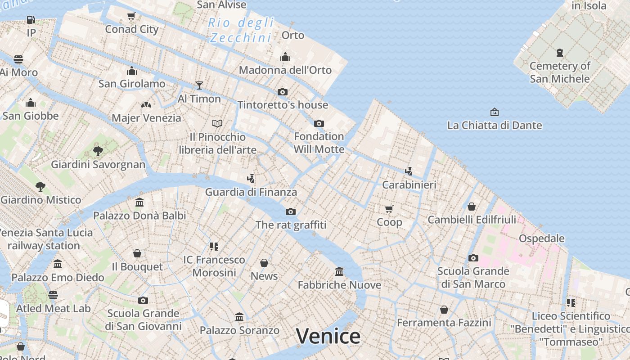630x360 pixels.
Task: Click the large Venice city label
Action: point(328,336)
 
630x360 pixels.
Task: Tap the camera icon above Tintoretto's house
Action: point(283,92)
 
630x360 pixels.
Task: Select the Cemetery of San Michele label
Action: point(560,72)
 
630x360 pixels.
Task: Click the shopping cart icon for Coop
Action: point(389,209)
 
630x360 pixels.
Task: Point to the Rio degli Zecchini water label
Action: point(241,30)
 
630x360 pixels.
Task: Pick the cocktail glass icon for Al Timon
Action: point(199,85)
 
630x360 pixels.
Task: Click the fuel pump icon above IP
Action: point(31,20)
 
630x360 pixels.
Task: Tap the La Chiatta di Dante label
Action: point(495,125)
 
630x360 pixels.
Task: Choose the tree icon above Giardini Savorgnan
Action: point(98,151)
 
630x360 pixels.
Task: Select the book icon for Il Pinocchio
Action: point(217,123)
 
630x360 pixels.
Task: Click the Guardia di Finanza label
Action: point(251,192)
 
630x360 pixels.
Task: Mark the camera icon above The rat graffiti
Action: point(291,211)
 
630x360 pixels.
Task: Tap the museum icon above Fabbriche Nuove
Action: point(339,271)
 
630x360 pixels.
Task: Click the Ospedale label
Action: point(542,238)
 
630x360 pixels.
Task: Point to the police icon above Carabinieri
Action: point(409,171)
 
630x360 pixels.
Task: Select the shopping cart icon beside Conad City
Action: point(131,16)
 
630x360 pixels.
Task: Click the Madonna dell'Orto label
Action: point(285,70)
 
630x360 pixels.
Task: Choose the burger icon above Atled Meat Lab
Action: point(53,295)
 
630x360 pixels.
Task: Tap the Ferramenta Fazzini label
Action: point(444,323)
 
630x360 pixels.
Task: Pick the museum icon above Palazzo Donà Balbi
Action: point(139,202)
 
